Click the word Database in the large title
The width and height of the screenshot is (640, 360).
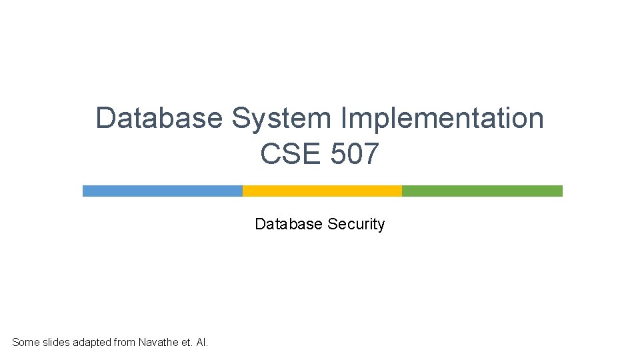(x=159, y=119)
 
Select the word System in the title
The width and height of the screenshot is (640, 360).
(x=281, y=119)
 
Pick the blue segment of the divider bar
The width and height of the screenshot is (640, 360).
(x=163, y=191)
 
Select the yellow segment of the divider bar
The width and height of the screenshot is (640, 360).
(x=322, y=191)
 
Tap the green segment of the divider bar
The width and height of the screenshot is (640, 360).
(x=482, y=191)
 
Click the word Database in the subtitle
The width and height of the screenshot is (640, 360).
(x=289, y=224)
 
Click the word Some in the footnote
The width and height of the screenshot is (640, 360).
(x=26, y=343)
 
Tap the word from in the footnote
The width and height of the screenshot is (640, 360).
(x=125, y=343)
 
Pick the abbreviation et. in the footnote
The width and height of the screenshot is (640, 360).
(x=187, y=343)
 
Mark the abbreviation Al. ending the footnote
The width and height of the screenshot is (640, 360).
(x=202, y=343)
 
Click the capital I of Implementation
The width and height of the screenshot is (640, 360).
(x=343, y=119)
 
